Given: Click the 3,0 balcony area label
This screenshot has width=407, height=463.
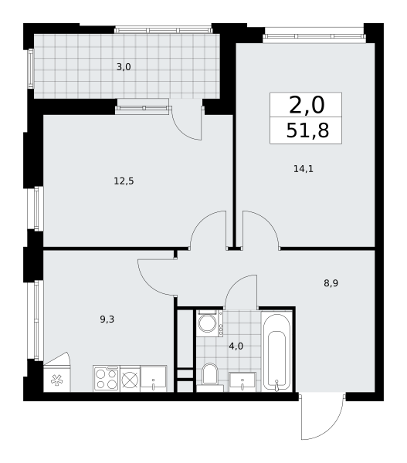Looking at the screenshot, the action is coord(124,67).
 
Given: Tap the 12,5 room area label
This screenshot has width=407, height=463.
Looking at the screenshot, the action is coord(124,181).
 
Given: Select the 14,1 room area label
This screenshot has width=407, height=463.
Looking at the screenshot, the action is coord(304,168).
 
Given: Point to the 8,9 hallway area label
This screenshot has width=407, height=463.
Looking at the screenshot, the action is coord(331,283).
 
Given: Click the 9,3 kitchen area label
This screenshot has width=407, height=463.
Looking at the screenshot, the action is coord(107,319).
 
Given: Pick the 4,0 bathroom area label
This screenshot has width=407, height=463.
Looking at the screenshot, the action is coord(236,346).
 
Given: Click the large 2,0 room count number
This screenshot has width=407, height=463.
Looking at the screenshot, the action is coord(307,105).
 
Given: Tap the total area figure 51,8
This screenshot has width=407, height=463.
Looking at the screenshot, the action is coord(307,130).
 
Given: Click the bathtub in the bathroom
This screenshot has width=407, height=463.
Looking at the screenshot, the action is coord(276,352).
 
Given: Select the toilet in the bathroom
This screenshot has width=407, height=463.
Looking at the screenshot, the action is coord(209,376).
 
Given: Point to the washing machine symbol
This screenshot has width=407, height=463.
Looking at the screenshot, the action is coord(209,323).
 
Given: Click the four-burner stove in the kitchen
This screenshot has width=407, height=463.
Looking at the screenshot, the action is coord(107,379).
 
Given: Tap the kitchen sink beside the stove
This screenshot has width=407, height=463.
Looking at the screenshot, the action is coord(154,379).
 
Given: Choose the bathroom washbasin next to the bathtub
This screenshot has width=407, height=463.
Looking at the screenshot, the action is coord(243,382).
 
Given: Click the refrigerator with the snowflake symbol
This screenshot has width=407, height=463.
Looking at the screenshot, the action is coord(56,372).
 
